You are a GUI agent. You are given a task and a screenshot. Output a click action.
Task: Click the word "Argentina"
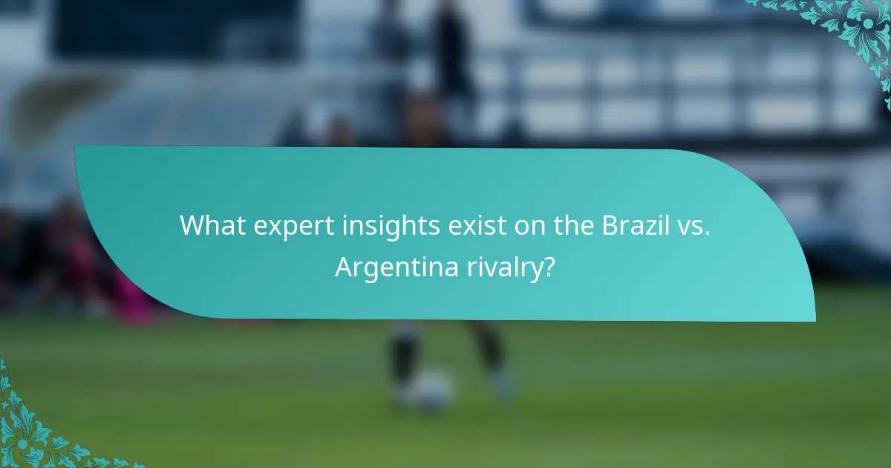click(396, 267)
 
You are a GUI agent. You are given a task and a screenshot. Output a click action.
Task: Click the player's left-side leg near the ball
click(405, 357)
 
